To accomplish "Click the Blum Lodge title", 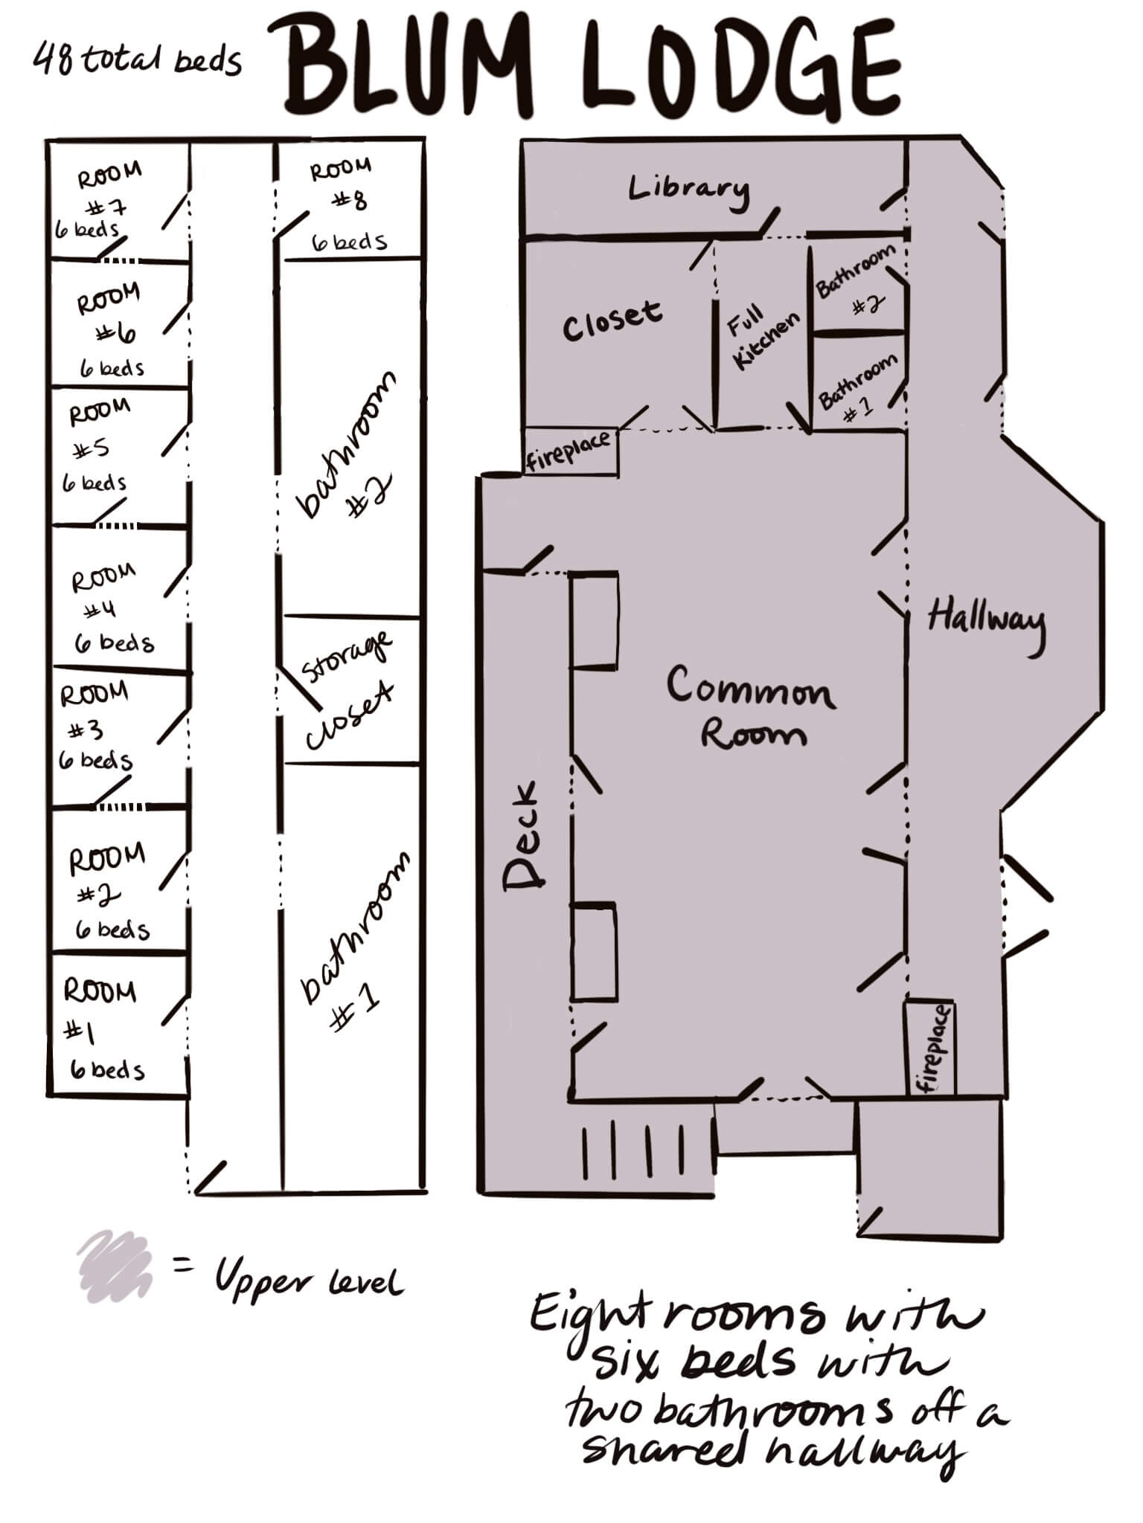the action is (592, 68).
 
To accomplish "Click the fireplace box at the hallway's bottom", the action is (930, 1048).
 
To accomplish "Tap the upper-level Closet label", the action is (612, 320).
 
